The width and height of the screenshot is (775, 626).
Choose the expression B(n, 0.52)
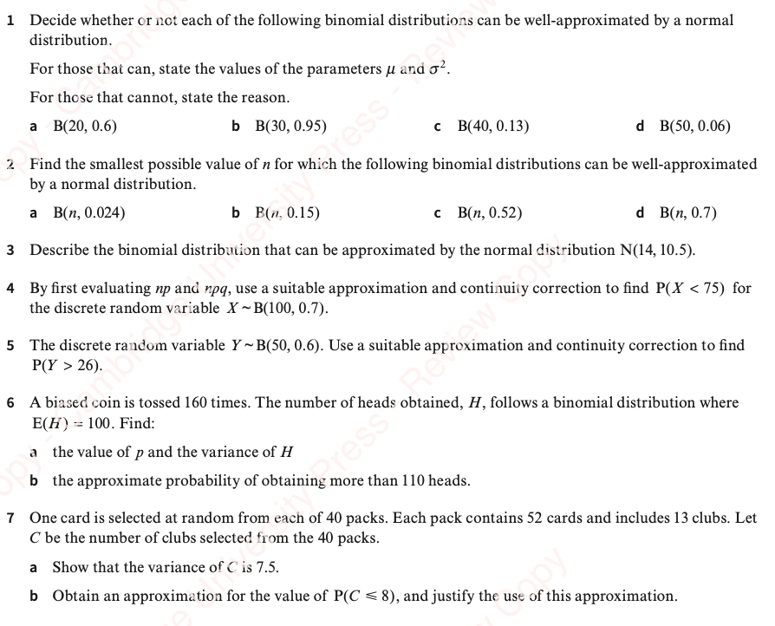pos(489,212)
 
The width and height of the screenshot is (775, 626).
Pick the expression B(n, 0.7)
pos(687,212)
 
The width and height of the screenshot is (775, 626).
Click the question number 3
pos(10,251)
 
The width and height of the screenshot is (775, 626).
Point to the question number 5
pos(10,345)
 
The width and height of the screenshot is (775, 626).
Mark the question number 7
pos(10,518)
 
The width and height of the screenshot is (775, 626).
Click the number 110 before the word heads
pos(410,480)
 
